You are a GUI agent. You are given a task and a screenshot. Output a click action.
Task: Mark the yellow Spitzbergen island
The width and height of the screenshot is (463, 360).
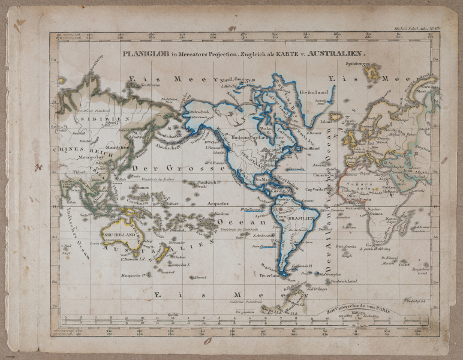tap(374, 73)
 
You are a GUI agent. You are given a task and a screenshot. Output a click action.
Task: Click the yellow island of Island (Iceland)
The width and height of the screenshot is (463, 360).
tap(336, 116)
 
